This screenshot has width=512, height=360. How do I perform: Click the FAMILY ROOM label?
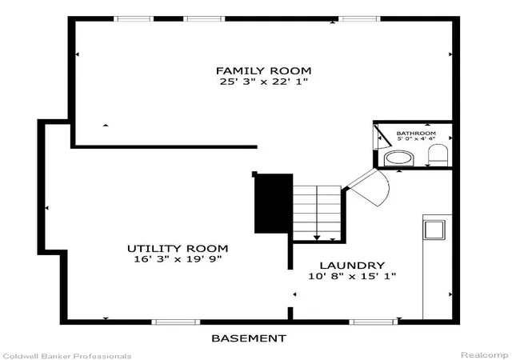tap(263, 70)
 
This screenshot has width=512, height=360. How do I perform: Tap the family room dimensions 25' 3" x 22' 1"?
tap(263, 82)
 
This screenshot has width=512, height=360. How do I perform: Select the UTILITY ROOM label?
tap(178, 249)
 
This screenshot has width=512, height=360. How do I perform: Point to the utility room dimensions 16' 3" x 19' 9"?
tap(178, 259)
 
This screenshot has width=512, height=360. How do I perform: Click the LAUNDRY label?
tap(352, 266)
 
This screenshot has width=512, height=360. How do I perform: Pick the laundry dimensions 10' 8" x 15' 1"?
tap(352, 276)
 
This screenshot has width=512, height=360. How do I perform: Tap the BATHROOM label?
tap(416, 134)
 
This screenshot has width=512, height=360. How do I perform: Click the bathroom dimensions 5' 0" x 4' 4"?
tap(416, 138)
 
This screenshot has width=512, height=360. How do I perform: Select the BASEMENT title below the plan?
tap(249, 338)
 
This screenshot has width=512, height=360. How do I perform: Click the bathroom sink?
tap(400, 158)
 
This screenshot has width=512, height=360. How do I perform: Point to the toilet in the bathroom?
tap(438, 155)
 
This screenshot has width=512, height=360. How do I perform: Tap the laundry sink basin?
tap(434, 230)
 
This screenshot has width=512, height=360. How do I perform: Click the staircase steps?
tap(317, 213)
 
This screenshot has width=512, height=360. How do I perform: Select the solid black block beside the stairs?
tap(274, 203)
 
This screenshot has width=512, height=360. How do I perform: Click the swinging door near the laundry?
tap(368, 187)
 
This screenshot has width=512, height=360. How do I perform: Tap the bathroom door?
tap(382, 136)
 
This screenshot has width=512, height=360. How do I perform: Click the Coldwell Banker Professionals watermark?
tap(66, 356)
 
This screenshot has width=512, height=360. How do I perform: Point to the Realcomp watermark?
tap(484, 354)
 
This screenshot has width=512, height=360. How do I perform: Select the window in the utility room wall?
tap(176, 322)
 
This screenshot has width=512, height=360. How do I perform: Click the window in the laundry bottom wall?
tap(374, 322)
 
